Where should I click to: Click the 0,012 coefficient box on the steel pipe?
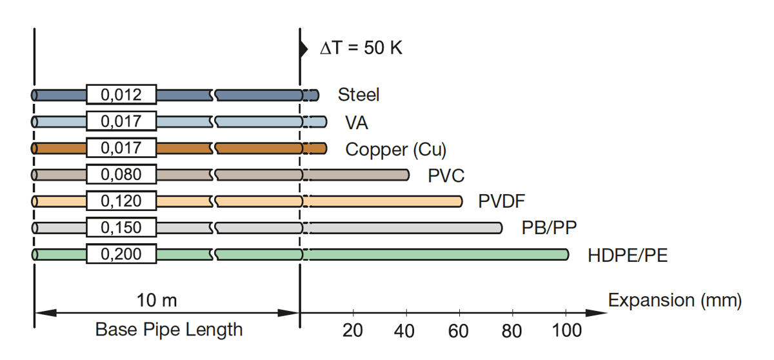[x=121, y=95]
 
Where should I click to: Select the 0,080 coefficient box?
[x=121, y=175]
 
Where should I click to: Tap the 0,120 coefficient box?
[x=121, y=201]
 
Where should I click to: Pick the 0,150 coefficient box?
[x=121, y=228]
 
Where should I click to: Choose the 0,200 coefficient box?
[x=121, y=254]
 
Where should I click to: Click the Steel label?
[x=359, y=95]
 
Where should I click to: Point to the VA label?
[x=357, y=122]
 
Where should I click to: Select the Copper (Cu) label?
[x=395, y=149]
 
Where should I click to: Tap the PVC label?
[x=446, y=175]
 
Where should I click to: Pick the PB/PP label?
[x=549, y=228]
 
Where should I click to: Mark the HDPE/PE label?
[x=627, y=255]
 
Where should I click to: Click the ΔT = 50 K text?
[x=361, y=48]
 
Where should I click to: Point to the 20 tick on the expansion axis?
[x=352, y=331]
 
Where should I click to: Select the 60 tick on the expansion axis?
[x=459, y=331]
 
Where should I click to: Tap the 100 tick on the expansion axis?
[x=567, y=331]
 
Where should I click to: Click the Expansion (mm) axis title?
[x=675, y=300]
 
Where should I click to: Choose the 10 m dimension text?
[x=157, y=300]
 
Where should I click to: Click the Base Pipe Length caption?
[x=169, y=330]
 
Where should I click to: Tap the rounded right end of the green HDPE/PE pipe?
[x=566, y=254]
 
